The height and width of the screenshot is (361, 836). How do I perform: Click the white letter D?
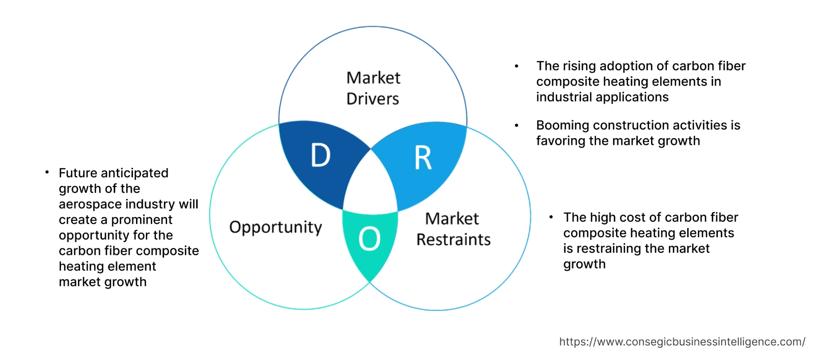click(x=320, y=155)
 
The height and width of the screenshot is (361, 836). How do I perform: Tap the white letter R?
click(x=423, y=158)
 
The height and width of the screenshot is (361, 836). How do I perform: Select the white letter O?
click(x=369, y=239)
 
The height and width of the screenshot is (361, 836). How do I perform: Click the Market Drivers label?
click(x=373, y=88)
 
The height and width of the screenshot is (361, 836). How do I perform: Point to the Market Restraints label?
click(x=453, y=229)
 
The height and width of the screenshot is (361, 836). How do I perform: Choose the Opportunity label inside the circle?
click(x=276, y=227)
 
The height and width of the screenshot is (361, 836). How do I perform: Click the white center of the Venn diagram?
click(x=371, y=186)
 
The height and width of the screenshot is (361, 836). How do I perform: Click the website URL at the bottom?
click(x=682, y=342)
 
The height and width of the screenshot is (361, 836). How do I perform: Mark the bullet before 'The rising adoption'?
click(x=517, y=66)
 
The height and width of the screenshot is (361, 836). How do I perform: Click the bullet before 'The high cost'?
click(x=551, y=217)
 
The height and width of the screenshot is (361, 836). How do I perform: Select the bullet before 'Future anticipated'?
click(x=47, y=173)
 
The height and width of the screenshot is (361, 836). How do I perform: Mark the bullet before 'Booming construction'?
click(x=517, y=125)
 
